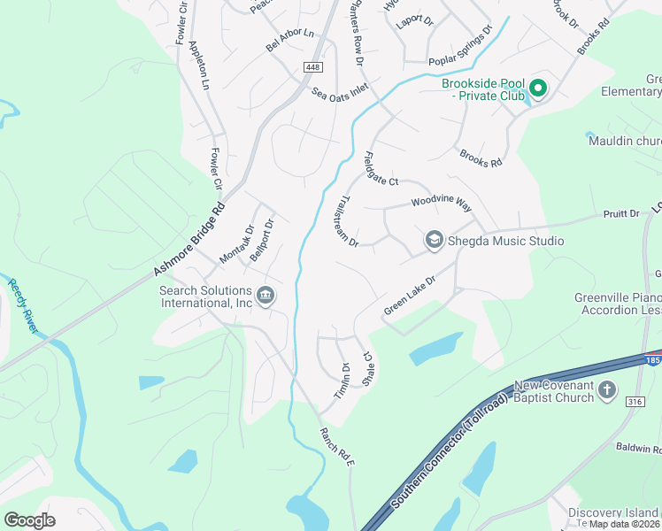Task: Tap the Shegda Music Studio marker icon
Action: (434, 240)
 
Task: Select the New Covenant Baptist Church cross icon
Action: (607, 389)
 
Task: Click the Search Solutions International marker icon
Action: (265, 296)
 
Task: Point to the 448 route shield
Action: (314, 67)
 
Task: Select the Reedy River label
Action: (24, 306)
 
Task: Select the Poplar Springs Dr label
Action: (460, 50)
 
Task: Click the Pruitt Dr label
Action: (621, 214)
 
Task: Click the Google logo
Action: (29, 519)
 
